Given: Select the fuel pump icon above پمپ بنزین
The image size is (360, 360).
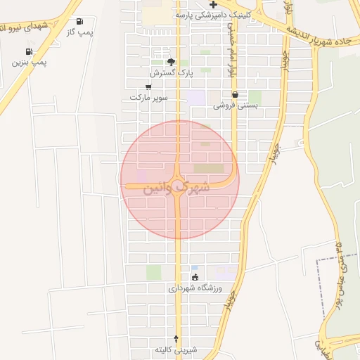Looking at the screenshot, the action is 29,51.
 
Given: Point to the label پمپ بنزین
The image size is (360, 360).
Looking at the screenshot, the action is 29,63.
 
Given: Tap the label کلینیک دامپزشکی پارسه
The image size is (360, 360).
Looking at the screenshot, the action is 211,15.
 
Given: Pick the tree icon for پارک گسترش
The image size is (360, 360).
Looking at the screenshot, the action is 171,62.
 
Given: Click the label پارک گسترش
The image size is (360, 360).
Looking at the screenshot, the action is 170,72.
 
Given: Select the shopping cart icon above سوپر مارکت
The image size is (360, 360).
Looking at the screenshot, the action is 148,86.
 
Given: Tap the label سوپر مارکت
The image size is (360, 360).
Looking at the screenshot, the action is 148,97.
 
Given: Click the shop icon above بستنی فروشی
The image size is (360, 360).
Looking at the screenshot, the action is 235,94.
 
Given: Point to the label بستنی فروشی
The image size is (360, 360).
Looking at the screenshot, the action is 236,105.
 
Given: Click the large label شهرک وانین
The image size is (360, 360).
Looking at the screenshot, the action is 176,188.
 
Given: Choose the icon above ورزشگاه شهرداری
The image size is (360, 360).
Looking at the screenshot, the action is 195,277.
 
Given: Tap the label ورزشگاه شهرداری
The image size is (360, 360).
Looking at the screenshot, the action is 195,288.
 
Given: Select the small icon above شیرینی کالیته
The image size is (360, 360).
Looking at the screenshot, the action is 176,338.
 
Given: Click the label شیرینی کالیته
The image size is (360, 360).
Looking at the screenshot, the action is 176,349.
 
